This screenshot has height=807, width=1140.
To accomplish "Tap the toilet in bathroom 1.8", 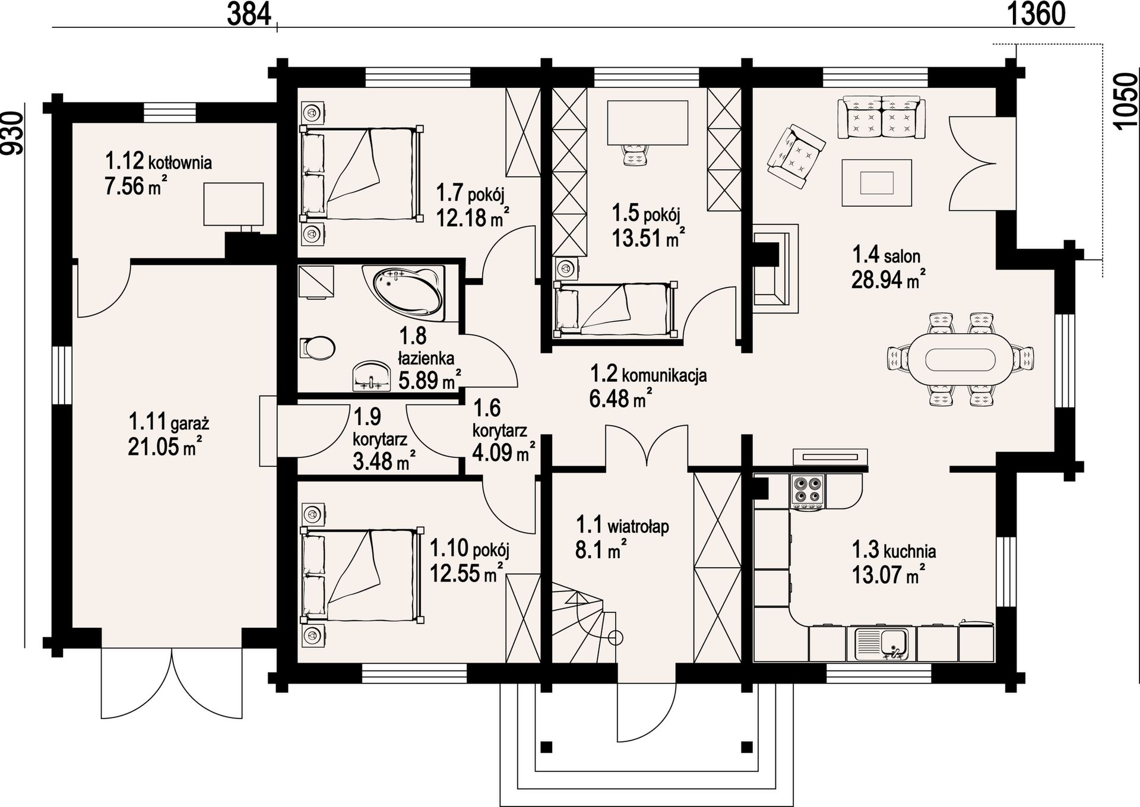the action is click(x=318, y=348).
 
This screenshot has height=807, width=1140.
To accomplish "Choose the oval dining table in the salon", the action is click(x=961, y=359).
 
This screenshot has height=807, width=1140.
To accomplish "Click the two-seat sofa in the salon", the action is click(x=881, y=118).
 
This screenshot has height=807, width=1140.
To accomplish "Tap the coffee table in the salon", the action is click(x=876, y=182).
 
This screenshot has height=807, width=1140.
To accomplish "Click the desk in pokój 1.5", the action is click(x=648, y=122).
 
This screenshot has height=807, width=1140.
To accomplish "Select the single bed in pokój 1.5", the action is click(x=615, y=309).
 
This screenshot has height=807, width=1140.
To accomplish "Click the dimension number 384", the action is click(x=249, y=14).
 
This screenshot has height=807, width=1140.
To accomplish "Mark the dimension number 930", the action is click(x=12, y=134).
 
